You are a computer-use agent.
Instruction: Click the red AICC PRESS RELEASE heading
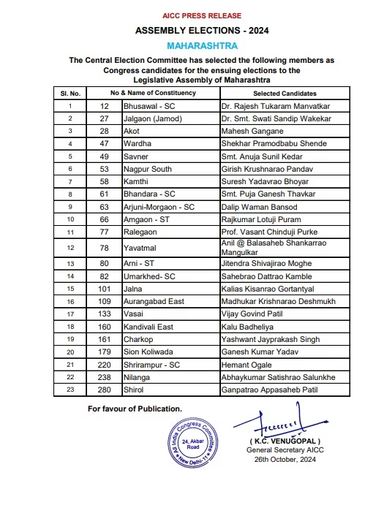[192, 14]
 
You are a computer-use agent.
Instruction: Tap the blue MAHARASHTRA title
[192, 45]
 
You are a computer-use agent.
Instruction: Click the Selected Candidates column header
[285, 94]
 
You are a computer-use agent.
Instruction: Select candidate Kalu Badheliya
[249, 326]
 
